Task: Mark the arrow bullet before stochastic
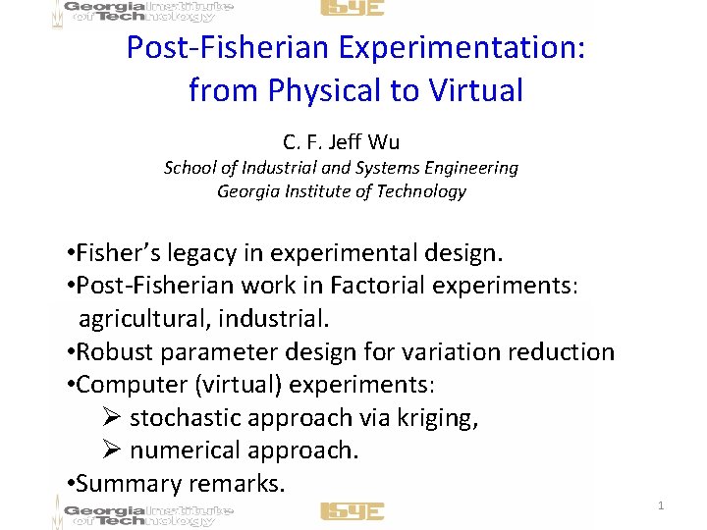click(x=111, y=417)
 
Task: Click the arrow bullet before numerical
click(x=111, y=450)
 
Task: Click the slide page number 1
click(x=661, y=505)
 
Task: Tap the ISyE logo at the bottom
click(x=352, y=511)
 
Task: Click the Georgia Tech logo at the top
click(x=147, y=12)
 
